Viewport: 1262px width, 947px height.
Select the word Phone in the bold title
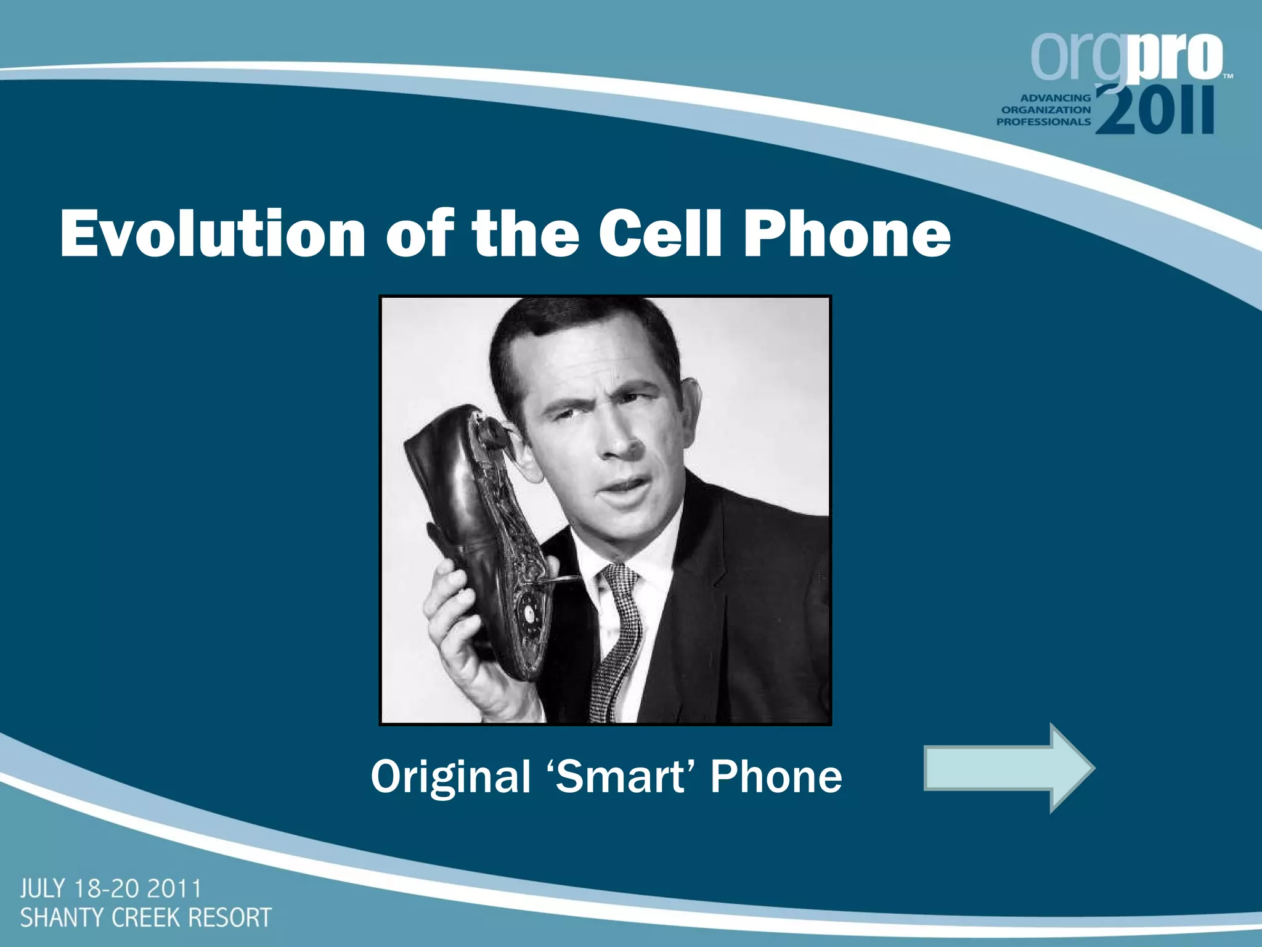(x=847, y=234)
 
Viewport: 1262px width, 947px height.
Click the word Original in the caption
(x=450, y=777)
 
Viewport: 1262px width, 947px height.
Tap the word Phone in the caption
(x=776, y=776)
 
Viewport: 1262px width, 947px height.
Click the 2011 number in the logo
(x=1155, y=111)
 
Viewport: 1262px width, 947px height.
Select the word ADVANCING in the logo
(x=1056, y=98)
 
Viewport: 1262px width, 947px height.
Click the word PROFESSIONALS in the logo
(x=1043, y=122)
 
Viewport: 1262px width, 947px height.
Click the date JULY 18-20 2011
(x=111, y=889)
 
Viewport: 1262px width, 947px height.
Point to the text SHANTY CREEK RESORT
(x=145, y=917)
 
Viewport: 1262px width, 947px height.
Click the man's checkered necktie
(x=616, y=641)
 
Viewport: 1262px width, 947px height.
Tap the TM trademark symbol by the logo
(x=1227, y=77)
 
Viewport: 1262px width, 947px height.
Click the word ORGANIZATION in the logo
(x=1046, y=110)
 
